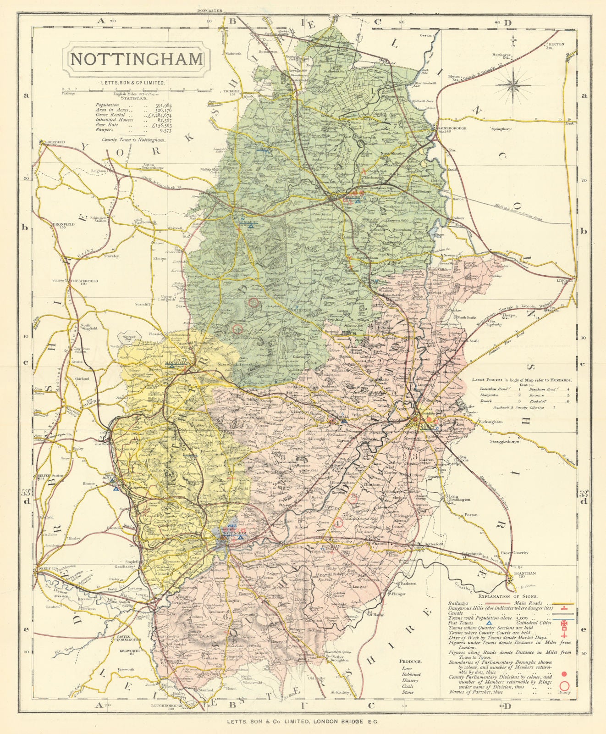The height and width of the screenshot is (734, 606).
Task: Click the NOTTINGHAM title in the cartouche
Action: coord(137,59)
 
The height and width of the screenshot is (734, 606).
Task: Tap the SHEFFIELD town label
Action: coord(54,142)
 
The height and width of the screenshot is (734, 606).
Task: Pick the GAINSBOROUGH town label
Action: coord(453,128)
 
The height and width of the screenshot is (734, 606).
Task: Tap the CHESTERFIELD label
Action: coord(76,280)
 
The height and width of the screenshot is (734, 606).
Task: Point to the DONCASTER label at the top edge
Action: coord(209,10)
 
